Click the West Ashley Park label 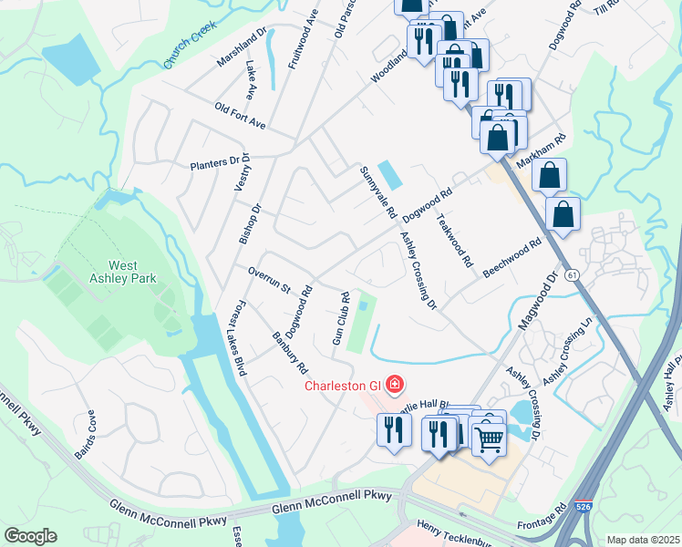tap(122, 271)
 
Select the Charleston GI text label tap(343, 385)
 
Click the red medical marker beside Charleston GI tap(394, 385)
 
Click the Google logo tap(30, 536)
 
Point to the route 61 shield tap(572, 274)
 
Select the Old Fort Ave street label tap(239, 116)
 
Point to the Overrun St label tap(269, 280)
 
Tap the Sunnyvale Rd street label tap(377, 192)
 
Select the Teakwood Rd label tap(454, 240)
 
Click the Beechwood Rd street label tap(512, 258)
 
